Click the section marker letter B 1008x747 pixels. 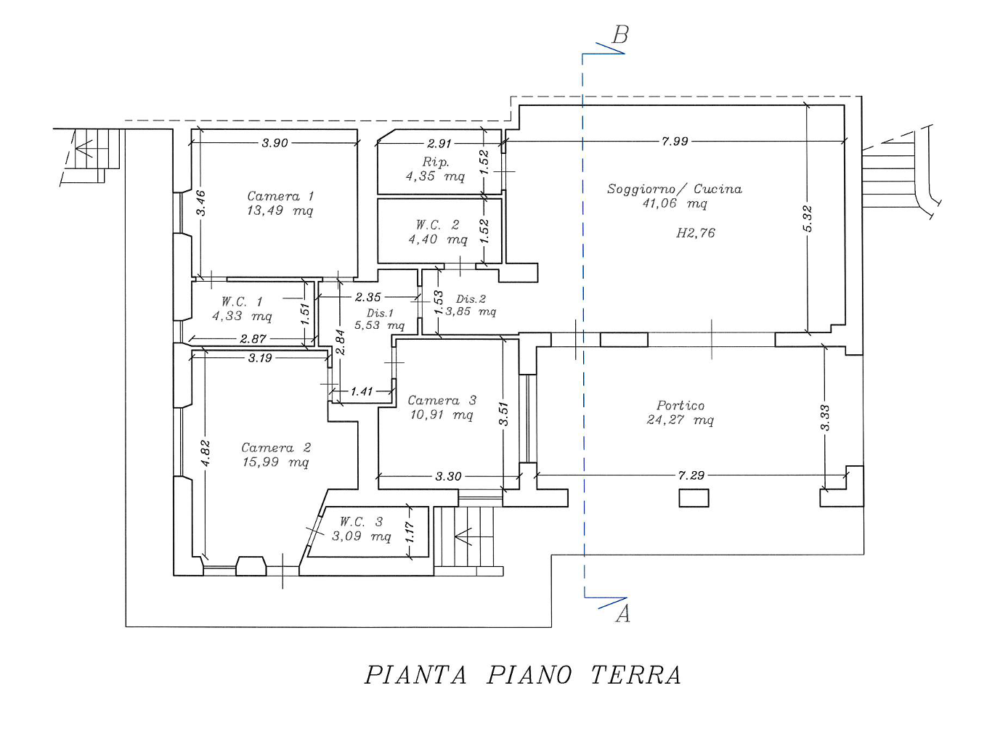[620, 35]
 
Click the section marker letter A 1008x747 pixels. [622, 614]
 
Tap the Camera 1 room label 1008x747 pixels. [280, 196]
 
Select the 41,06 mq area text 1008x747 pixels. [674, 204]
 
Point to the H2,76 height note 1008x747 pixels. [695, 233]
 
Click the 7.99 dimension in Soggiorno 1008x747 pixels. [675, 141]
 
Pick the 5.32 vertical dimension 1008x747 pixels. [808, 219]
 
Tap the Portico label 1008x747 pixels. [680, 406]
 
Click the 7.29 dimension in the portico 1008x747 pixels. [691, 475]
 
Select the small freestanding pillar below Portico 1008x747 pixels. [694, 498]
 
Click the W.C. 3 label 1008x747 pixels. [361, 522]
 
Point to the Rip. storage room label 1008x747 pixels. [436, 162]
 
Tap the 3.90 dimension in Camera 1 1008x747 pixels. [275, 143]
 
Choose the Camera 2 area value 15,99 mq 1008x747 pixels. [275, 462]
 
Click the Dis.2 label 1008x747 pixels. [471, 298]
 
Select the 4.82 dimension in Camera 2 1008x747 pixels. [206, 453]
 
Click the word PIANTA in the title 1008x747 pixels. [415, 675]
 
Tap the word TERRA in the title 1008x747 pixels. [635, 675]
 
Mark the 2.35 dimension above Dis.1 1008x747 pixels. [367, 297]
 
